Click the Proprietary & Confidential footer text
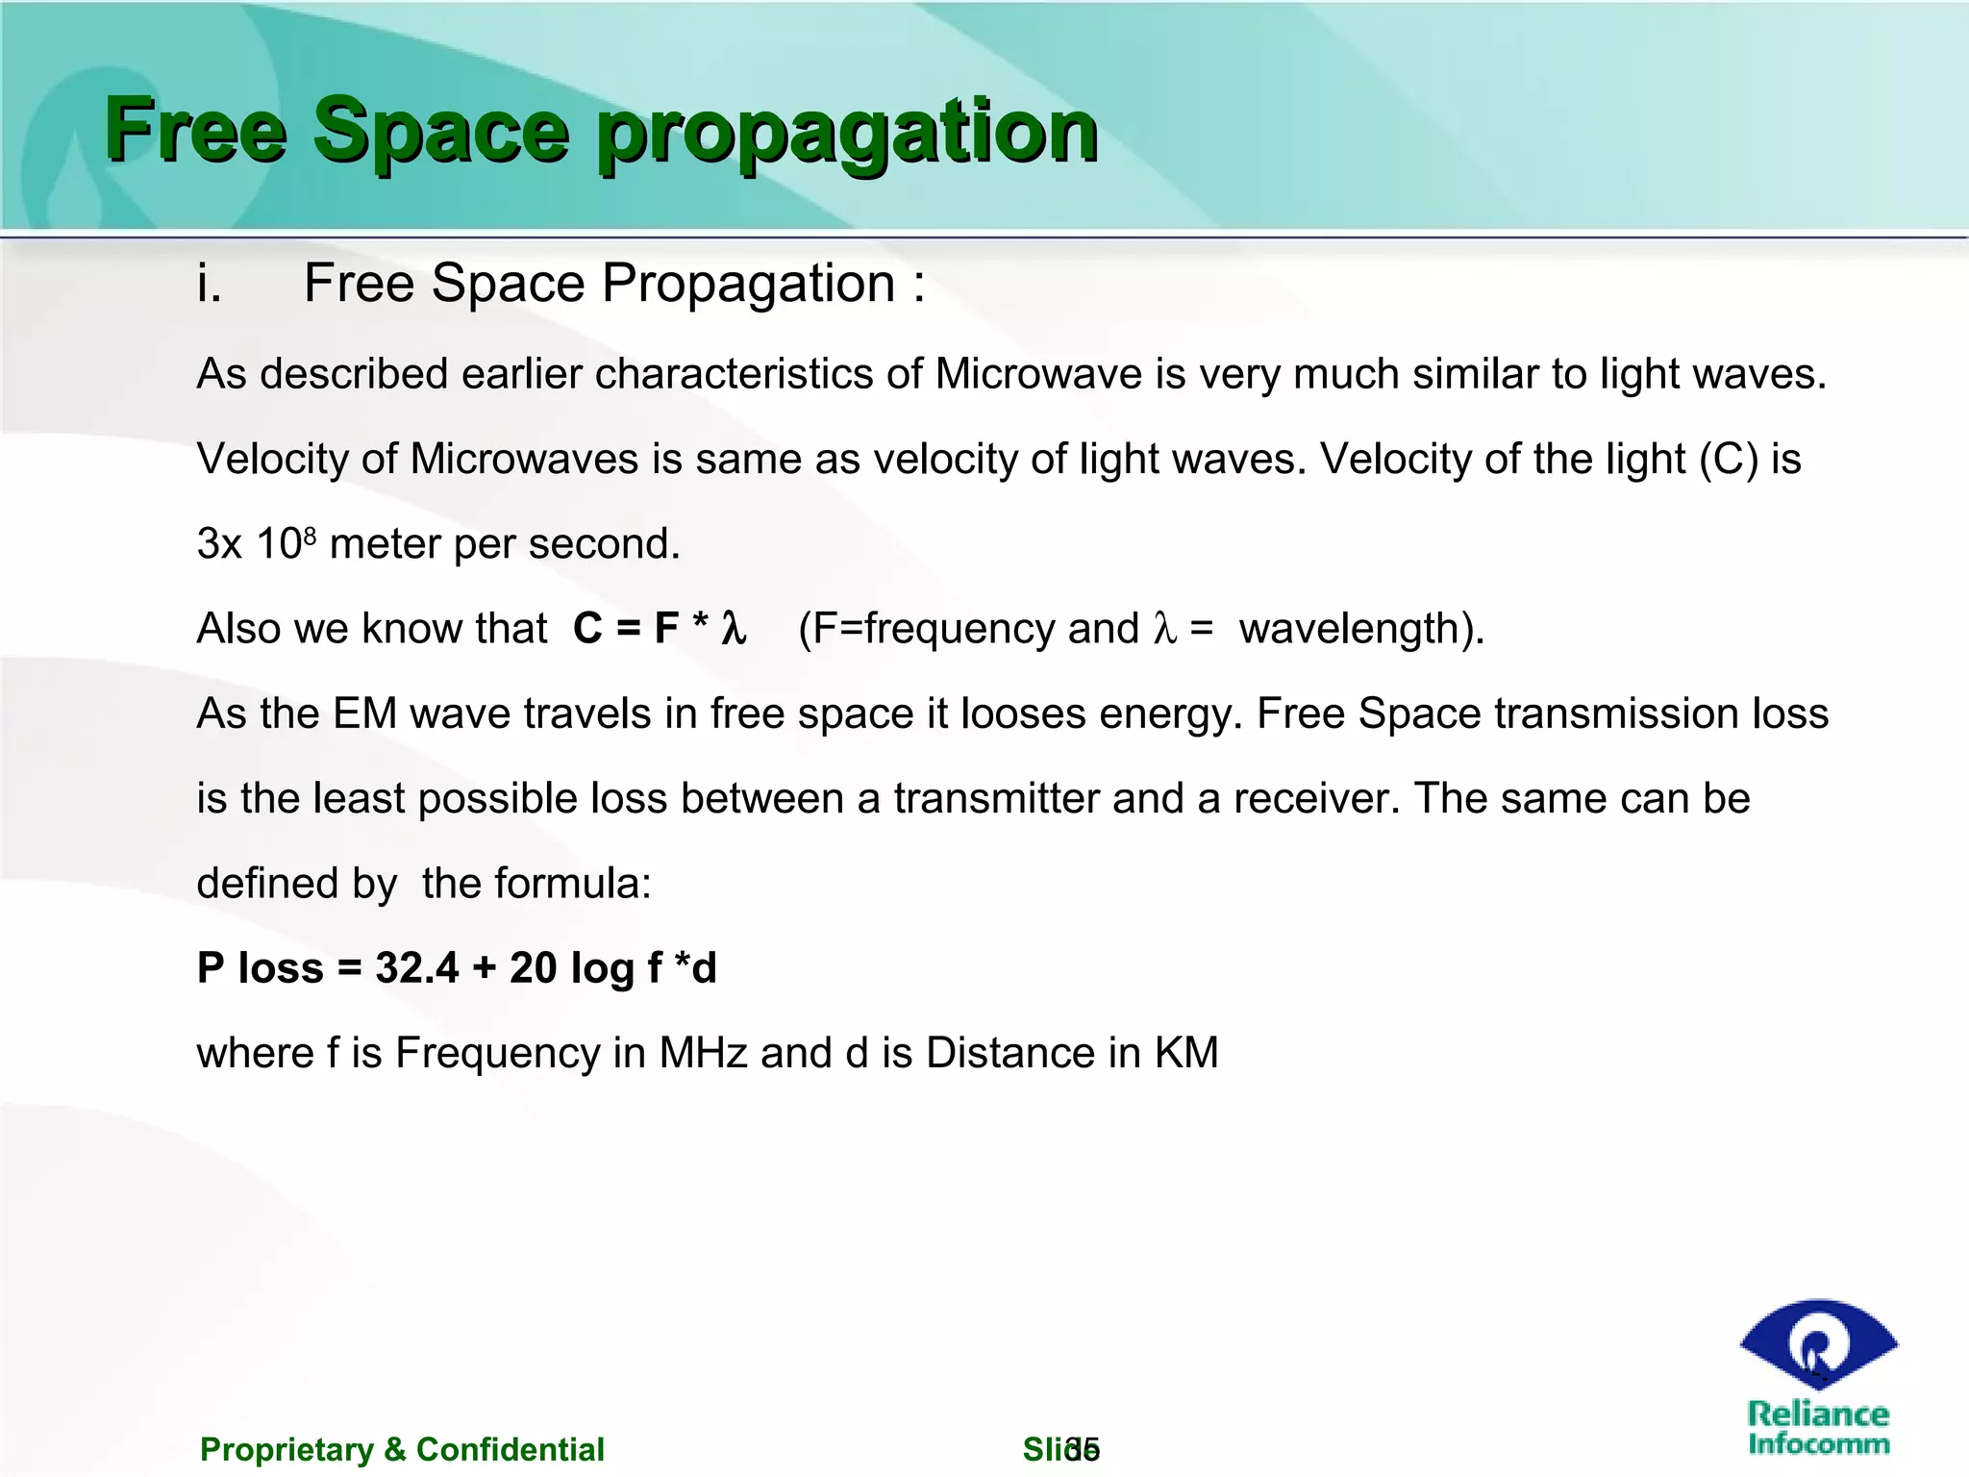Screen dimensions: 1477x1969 tap(402, 1449)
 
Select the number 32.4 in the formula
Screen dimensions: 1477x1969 tap(417, 967)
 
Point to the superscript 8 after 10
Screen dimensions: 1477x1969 tap(310, 531)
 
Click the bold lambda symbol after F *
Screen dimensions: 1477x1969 tap(734, 629)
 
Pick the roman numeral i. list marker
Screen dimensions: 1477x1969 tap(209, 284)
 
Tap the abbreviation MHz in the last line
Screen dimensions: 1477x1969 tap(703, 1053)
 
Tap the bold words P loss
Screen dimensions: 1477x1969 tap(260, 967)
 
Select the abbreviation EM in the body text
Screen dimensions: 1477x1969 tap(364, 713)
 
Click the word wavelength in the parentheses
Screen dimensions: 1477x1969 tap(1349, 629)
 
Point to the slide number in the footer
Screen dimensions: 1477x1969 tap(1082, 1448)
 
